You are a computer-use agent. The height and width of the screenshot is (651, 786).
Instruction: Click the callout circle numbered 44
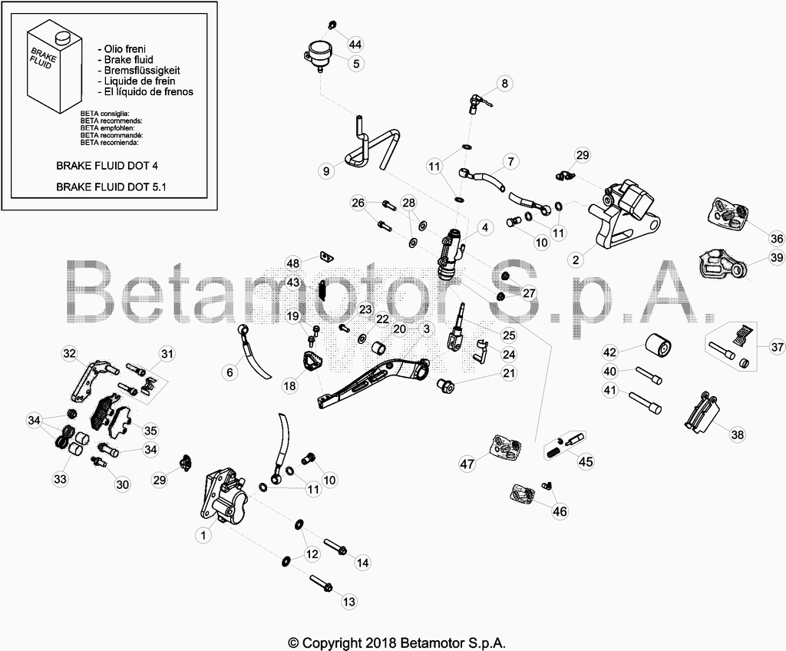click(355, 44)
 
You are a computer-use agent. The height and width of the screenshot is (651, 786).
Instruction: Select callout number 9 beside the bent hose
click(326, 171)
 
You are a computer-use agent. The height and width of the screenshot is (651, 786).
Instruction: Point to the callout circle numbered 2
click(576, 259)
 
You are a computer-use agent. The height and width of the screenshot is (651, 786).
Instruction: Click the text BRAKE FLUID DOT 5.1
click(111, 187)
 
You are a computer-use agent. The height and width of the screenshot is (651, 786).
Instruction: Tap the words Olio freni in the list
click(125, 49)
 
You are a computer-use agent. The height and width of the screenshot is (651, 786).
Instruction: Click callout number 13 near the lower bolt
click(349, 601)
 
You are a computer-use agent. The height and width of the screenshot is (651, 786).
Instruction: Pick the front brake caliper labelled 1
click(223, 497)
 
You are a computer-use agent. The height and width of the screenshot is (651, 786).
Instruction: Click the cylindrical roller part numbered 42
click(657, 347)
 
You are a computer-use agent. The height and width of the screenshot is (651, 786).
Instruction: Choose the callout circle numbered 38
click(738, 435)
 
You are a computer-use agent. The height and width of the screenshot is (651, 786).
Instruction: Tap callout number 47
click(467, 464)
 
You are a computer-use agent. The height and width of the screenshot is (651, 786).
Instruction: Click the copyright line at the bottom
click(397, 643)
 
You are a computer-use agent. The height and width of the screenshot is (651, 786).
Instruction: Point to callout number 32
click(69, 354)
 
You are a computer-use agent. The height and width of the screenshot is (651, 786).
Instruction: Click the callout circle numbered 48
click(292, 263)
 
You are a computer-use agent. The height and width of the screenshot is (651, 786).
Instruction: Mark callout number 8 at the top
click(505, 83)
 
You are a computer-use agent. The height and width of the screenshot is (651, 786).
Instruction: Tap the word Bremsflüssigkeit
click(142, 70)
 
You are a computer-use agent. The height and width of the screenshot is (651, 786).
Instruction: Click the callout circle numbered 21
click(509, 373)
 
